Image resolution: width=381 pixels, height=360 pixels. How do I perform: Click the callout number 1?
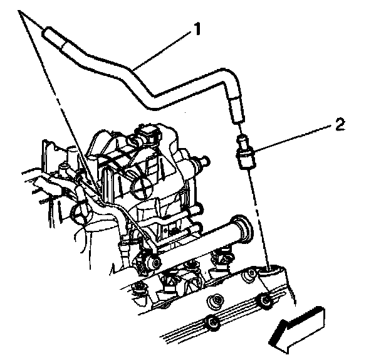click(197, 29)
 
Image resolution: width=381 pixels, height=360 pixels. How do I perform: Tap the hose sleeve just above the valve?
click(237, 110)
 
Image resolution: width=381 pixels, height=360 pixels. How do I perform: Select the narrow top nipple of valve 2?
click(241, 142)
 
